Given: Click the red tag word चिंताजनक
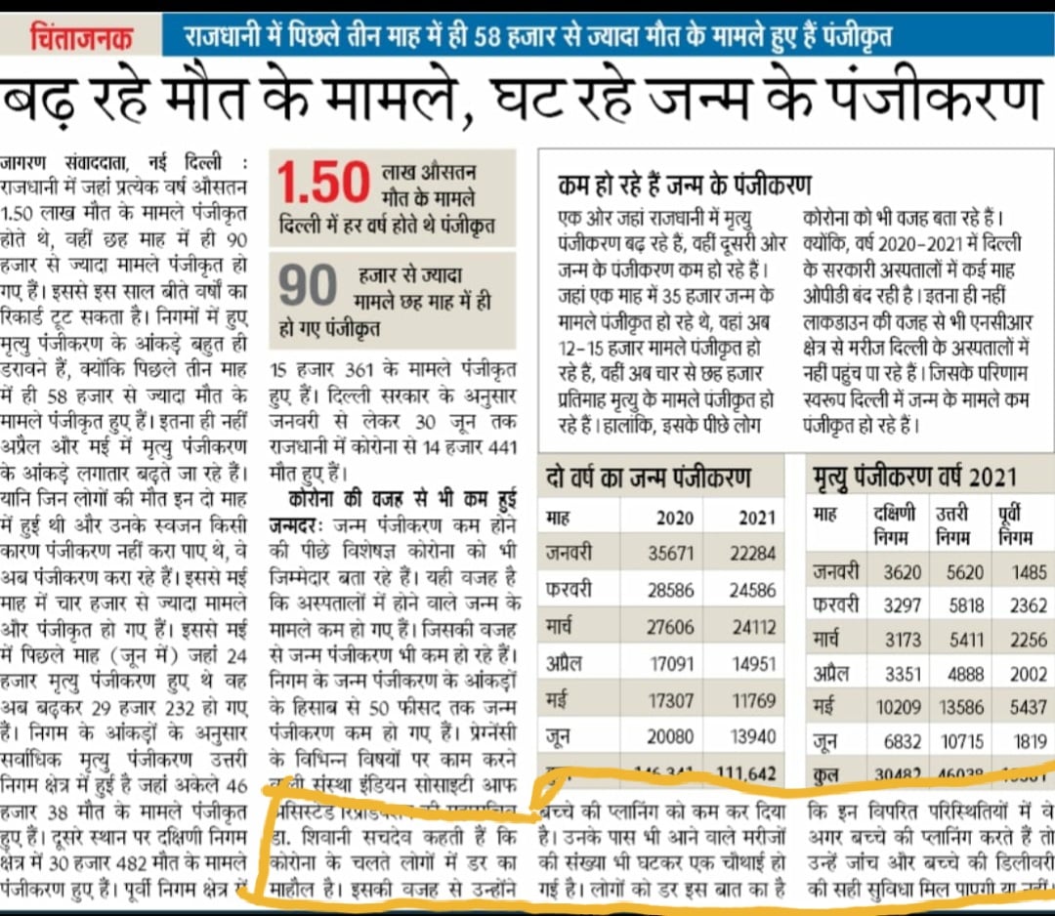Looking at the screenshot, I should [82, 38].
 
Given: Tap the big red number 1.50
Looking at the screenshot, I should [323, 183].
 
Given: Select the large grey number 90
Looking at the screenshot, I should [310, 285].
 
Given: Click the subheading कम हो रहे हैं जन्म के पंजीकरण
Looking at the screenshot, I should [685, 184].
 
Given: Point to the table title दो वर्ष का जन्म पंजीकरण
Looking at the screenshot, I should [649, 478].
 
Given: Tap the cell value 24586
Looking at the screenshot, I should [752, 590].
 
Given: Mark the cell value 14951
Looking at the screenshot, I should [752, 664].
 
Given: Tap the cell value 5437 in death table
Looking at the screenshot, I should [1028, 706].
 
